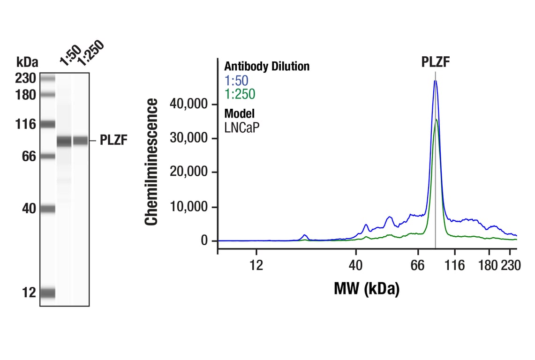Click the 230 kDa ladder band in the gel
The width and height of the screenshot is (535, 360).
[x=48, y=79]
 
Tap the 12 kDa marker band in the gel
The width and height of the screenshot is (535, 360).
[x=48, y=293]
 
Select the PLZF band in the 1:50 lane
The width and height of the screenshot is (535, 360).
[x=64, y=141]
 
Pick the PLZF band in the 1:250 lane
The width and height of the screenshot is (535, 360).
[x=81, y=140]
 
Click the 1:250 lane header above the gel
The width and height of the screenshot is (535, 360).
[x=90, y=52]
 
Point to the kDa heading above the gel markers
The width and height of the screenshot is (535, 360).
[x=27, y=62]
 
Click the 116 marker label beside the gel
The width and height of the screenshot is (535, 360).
[x=25, y=125]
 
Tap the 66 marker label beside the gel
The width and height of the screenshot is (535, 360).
[x=29, y=156]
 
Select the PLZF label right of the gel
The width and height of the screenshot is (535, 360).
[x=113, y=140]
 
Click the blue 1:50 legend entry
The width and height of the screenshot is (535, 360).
[x=236, y=80]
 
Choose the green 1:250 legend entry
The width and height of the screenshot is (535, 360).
[x=240, y=94]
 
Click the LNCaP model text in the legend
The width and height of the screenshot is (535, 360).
[x=241, y=127]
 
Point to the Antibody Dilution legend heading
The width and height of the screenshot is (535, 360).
[x=267, y=67]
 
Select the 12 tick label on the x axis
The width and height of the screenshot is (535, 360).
[x=256, y=266]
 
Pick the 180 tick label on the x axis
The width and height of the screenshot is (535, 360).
[x=489, y=266]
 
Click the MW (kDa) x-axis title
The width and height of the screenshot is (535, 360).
[x=366, y=288]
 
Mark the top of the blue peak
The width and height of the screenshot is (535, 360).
[x=435, y=81]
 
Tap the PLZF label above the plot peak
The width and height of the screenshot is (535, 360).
[x=435, y=62]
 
